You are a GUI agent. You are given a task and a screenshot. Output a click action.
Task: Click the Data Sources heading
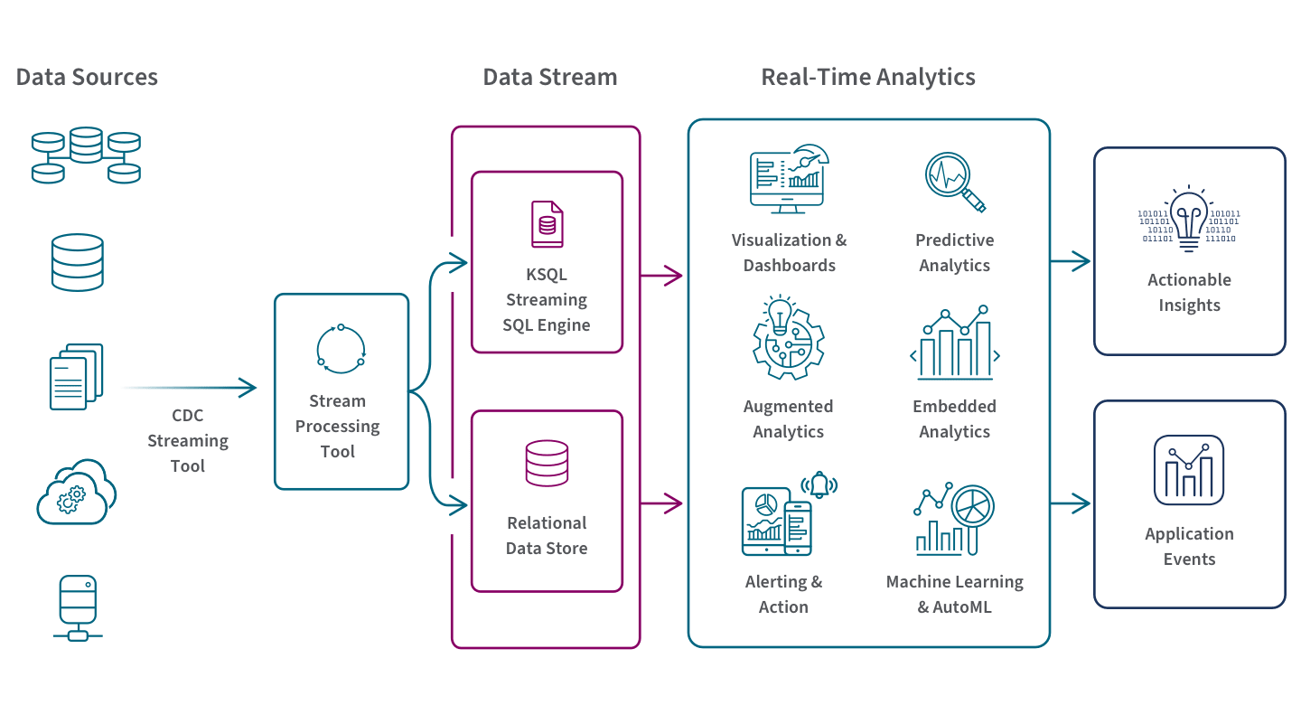point(87,77)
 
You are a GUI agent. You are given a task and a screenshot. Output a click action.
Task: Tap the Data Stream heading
point(549,77)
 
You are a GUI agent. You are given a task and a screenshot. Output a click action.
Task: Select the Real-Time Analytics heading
point(867,77)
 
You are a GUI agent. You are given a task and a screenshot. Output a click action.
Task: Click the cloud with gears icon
point(77,493)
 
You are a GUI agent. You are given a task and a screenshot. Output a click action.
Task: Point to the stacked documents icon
point(77,376)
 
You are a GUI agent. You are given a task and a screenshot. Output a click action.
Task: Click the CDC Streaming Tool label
point(188,440)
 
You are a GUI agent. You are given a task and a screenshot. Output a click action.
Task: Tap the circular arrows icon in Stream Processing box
point(341,347)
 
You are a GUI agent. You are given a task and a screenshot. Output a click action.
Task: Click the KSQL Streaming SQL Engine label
point(547,299)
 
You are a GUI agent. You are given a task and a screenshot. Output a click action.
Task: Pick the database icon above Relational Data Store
point(547,463)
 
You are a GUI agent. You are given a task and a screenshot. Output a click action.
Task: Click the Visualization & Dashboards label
point(789,252)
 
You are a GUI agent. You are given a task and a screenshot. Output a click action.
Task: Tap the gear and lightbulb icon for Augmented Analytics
point(788,338)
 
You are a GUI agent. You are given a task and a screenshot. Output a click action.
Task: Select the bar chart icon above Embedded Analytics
point(955,344)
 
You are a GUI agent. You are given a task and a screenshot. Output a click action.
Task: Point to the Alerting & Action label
point(783,594)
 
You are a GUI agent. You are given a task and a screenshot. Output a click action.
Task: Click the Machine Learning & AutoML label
point(955,594)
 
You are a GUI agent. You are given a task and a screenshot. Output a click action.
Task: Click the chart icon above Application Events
point(1189,470)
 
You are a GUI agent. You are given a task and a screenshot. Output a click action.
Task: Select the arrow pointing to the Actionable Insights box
point(1071,262)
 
